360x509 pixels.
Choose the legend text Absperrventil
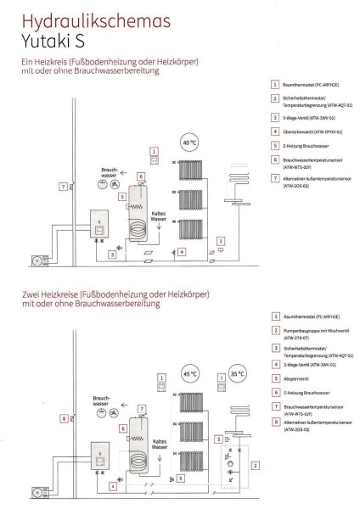click(297, 378)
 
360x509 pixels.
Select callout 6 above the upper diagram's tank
click(141, 176)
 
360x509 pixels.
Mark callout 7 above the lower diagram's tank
click(141, 409)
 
